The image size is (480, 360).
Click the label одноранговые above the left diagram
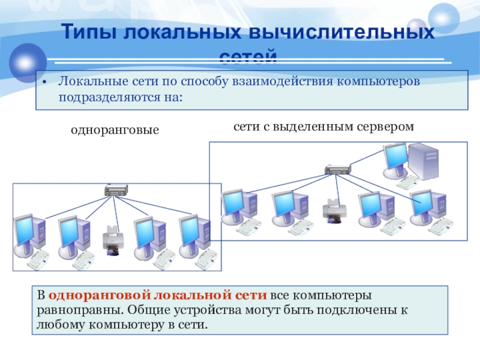pos(115,130)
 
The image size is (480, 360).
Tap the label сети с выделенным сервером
pos(324,126)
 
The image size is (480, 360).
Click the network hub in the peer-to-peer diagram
pos(115,191)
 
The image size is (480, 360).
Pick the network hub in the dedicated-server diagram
pos(337,170)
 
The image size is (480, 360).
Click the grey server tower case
pos(425,161)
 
